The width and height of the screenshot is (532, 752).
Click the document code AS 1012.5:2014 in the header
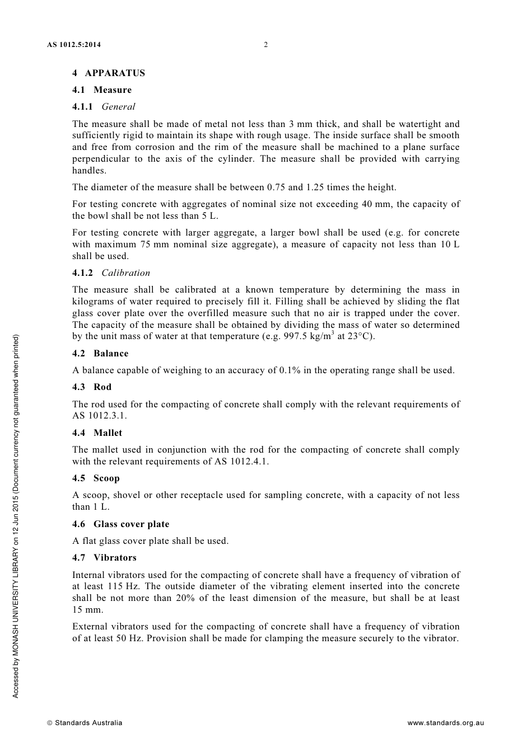coord(74,45)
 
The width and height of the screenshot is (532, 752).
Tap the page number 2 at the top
coord(266,45)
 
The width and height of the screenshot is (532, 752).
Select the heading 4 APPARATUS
coord(109,73)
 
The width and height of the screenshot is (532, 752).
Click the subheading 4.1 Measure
coord(102,90)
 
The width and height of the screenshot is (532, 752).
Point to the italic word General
coord(118,106)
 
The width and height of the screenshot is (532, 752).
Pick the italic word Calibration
coord(125,272)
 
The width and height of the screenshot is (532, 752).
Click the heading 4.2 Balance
coord(100,353)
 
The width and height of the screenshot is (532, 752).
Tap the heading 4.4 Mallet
coord(97,433)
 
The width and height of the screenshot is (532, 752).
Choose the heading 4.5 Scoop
coord(96,478)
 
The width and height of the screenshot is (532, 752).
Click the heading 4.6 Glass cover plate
coord(120,524)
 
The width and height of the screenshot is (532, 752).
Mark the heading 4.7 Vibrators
coord(104,557)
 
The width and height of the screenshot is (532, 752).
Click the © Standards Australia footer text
coord(85,722)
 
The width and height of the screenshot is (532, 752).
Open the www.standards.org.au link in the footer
coord(445,722)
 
